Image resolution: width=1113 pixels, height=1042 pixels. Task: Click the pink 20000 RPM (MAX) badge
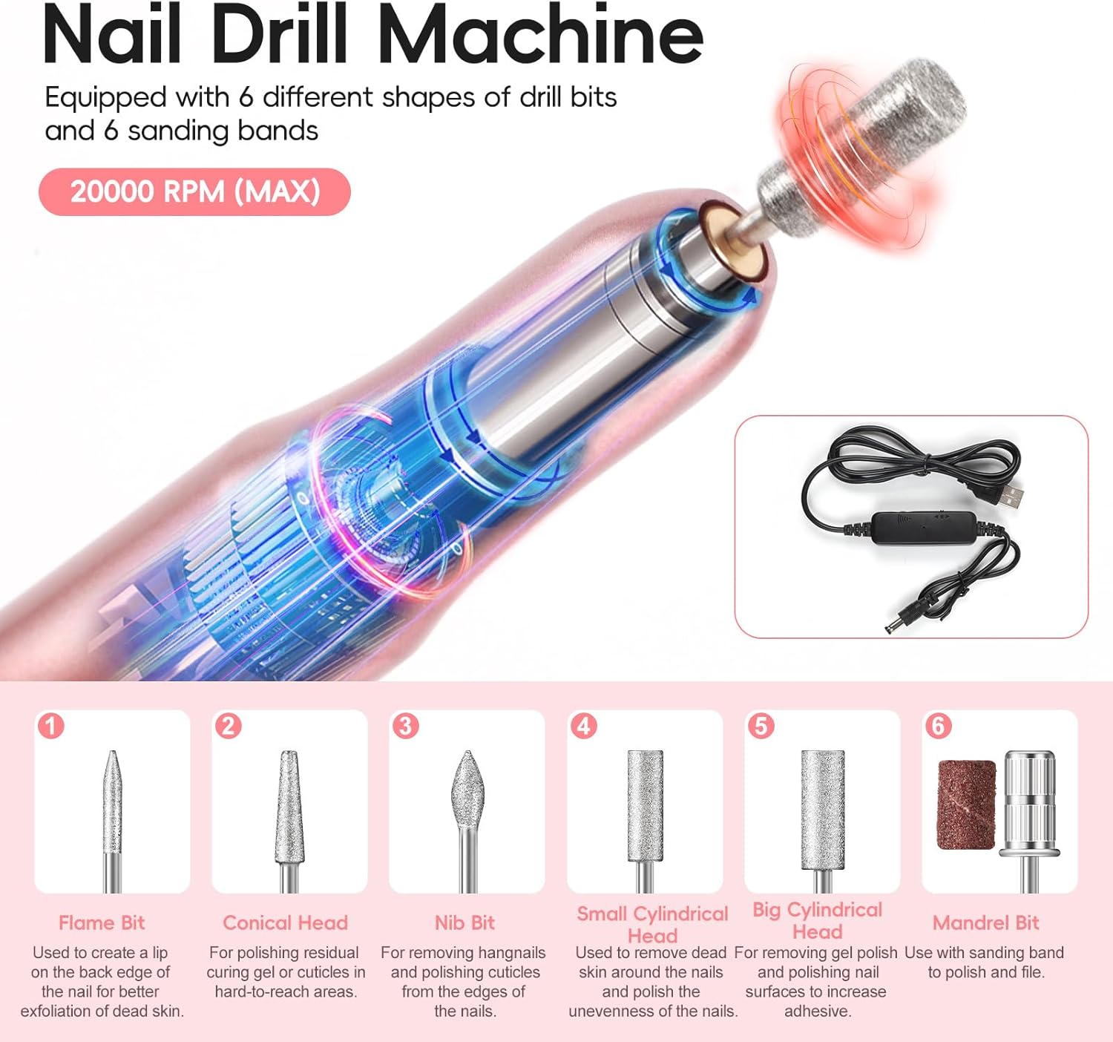pos(194,191)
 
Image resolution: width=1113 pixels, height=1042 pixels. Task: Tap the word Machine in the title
pos(542,36)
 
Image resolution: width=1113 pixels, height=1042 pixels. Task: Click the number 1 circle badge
pos(51,726)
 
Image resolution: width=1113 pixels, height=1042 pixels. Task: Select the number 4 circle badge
pos(584,726)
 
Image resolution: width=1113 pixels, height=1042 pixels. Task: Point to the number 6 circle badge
pos(939,726)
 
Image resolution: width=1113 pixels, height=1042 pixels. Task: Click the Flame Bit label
pos(102,923)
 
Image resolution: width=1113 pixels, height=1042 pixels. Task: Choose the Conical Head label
pos(285,923)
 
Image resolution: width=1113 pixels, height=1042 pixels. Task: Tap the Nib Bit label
pos(465,923)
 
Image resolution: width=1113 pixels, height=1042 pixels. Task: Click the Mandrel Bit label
pos(986,923)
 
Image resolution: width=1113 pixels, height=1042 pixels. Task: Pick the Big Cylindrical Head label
pos(817,920)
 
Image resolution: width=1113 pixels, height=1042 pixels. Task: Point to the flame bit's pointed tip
pos(113,752)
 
